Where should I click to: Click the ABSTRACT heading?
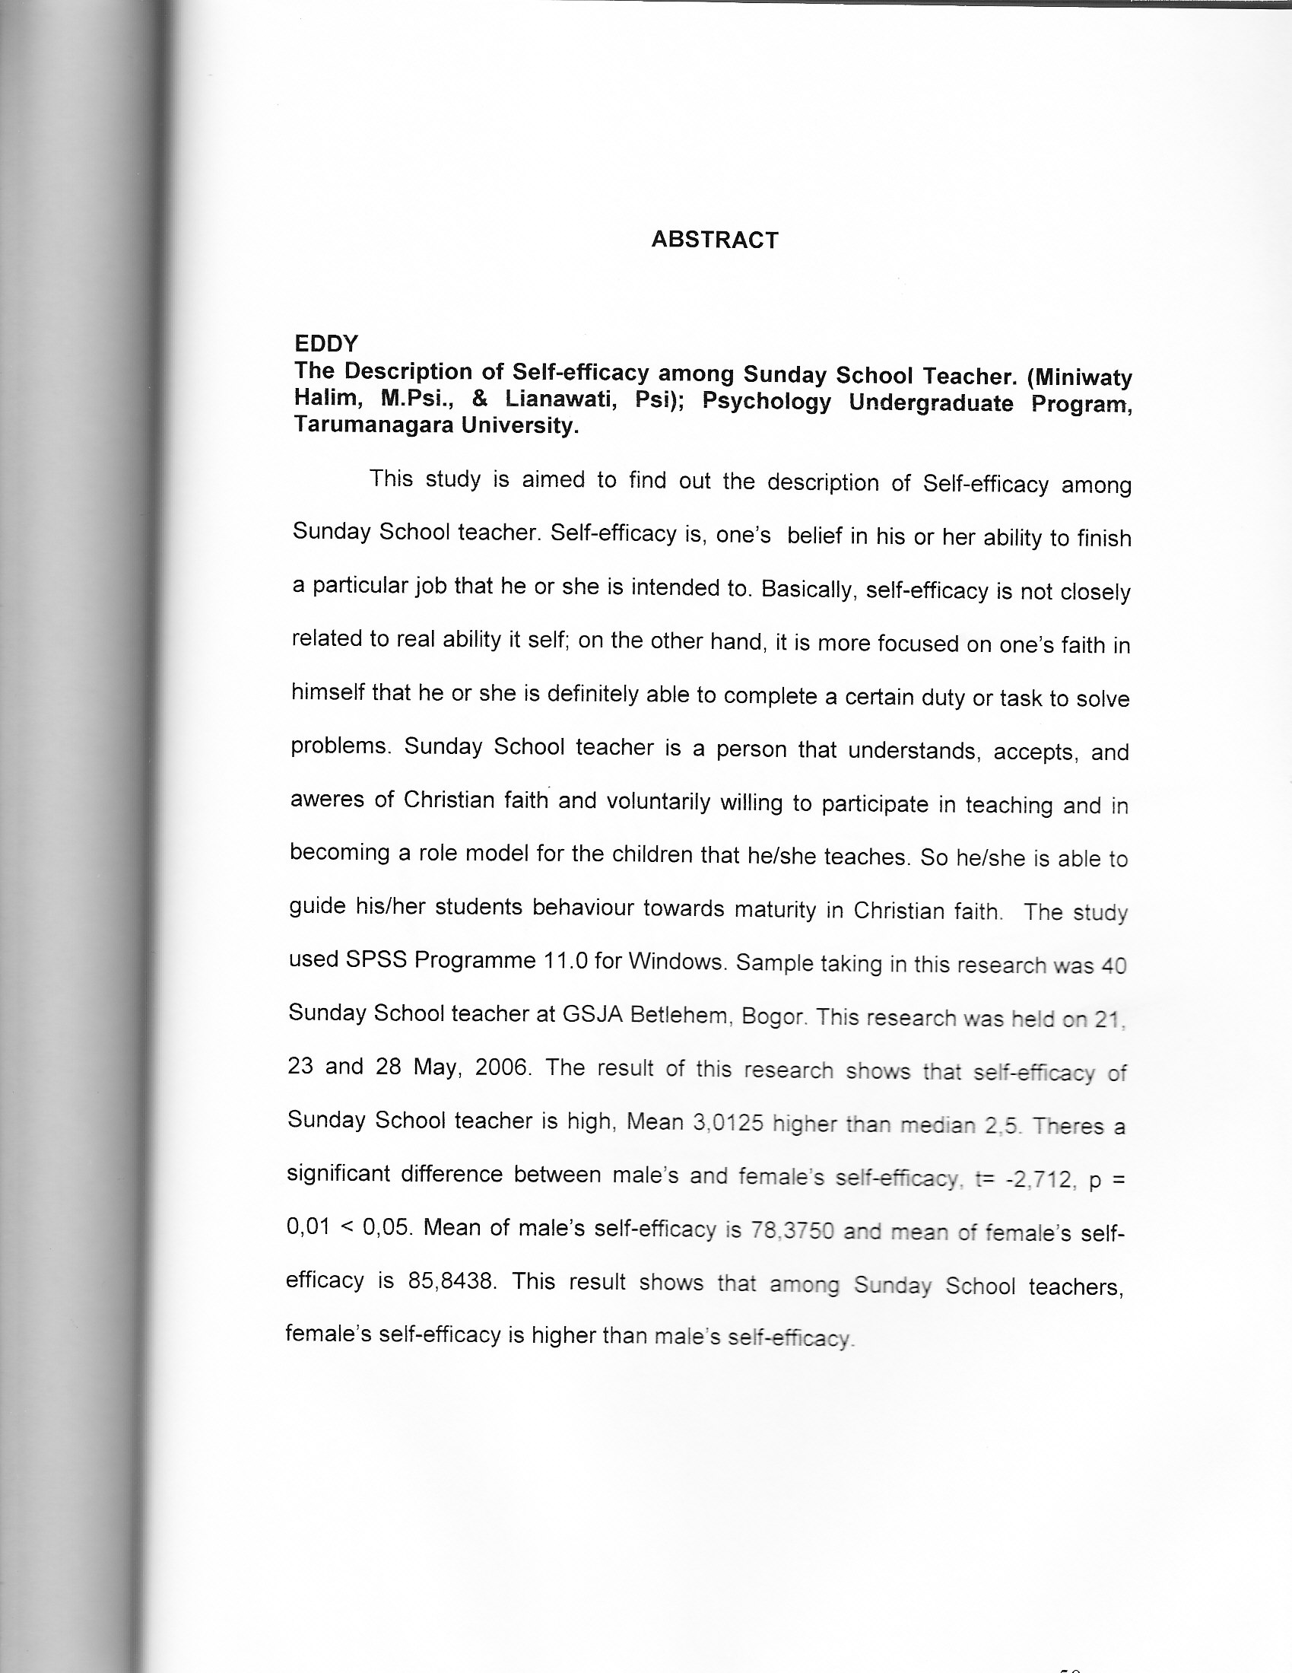(x=715, y=240)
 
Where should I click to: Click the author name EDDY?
(x=326, y=344)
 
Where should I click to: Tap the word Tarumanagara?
(x=371, y=426)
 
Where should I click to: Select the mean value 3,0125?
(x=728, y=1122)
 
